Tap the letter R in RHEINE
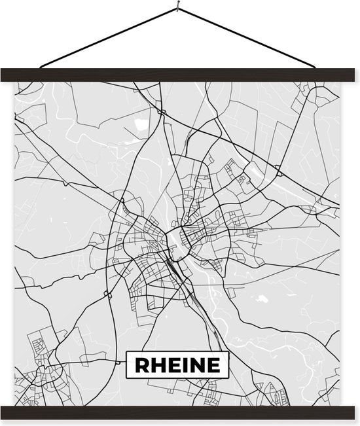[140, 364]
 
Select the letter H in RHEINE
[156, 364]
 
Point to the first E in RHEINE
[171, 364]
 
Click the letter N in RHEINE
[194, 364]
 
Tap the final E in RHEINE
[211, 364]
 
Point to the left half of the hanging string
[108, 37]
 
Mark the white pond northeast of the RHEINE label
[263, 298]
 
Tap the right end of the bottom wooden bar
[351, 413]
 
